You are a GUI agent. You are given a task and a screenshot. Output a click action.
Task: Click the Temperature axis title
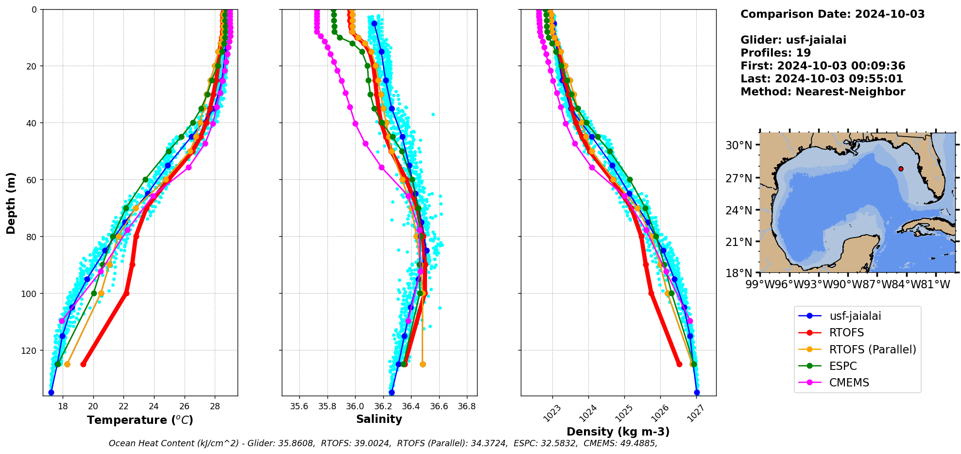point(140,420)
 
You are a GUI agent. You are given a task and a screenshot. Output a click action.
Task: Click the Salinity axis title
point(379,419)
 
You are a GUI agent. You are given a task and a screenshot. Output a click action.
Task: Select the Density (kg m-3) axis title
point(618,432)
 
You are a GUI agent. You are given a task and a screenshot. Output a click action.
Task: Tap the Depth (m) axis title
point(11,203)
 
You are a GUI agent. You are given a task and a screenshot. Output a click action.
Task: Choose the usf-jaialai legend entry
point(855,316)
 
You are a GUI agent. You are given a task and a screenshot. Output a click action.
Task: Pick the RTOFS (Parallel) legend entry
point(872,349)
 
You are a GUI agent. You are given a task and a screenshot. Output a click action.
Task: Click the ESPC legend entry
point(843,366)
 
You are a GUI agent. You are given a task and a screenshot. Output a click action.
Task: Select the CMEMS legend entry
point(849,383)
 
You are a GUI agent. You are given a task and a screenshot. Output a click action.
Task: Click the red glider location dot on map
point(901,169)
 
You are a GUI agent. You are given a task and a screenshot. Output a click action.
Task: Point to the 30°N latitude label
point(738,145)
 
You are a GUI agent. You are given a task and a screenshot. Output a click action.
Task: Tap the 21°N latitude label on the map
point(738,242)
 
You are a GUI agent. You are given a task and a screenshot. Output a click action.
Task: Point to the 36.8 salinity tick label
point(467,406)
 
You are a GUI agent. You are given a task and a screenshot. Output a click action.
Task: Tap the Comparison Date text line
point(832,14)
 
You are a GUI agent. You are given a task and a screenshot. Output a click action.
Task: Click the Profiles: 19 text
point(775,53)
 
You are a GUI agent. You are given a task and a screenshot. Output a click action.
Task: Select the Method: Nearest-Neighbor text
point(823,92)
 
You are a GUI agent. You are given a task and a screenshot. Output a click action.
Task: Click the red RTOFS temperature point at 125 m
point(83,364)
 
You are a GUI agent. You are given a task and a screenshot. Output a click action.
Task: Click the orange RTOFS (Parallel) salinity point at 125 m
point(423,364)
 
